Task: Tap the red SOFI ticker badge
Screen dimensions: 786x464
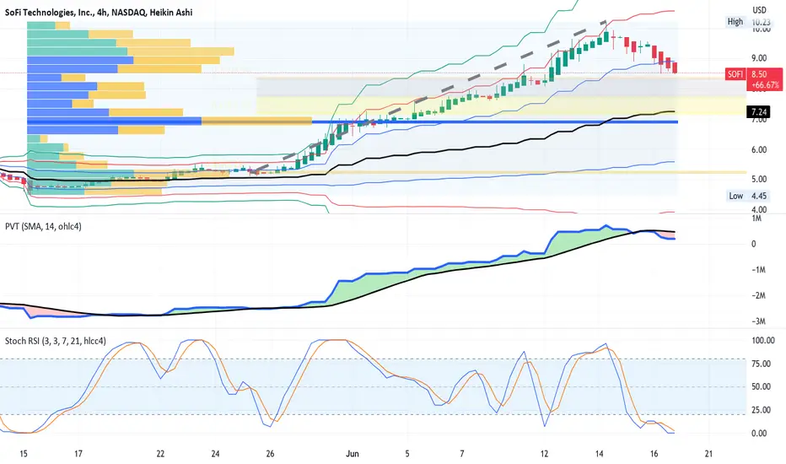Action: click(x=735, y=74)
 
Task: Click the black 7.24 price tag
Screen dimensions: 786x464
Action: click(x=759, y=112)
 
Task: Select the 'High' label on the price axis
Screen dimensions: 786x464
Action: click(x=735, y=22)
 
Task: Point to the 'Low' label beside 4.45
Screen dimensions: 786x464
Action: click(x=736, y=196)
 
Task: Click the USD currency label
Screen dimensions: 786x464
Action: click(x=759, y=10)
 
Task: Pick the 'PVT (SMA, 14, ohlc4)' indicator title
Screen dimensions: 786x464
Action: click(x=43, y=227)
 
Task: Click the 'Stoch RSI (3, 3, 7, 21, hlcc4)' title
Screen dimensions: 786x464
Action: click(x=56, y=341)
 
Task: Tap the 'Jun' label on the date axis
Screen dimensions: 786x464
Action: click(x=353, y=454)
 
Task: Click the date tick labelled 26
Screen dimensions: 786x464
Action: click(x=270, y=454)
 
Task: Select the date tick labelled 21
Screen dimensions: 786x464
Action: click(x=708, y=454)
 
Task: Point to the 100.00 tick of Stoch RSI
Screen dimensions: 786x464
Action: click(x=763, y=341)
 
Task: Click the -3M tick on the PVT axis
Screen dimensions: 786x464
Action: click(x=759, y=321)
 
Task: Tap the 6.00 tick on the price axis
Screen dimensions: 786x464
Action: click(x=759, y=149)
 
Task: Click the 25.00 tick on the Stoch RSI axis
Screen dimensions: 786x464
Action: click(x=762, y=410)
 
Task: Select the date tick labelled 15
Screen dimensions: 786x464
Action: click(x=24, y=454)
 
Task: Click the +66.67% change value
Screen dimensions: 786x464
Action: click(x=765, y=85)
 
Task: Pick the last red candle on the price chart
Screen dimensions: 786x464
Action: click(x=676, y=67)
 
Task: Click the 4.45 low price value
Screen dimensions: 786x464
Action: click(x=759, y=196)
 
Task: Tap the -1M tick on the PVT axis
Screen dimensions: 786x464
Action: click(x=759, y=270)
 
